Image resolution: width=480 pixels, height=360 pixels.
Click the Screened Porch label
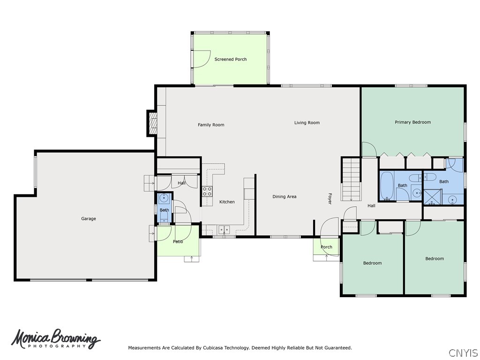[230, 60]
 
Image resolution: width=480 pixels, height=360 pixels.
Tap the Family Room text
[211, 125]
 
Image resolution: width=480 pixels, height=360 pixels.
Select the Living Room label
[307, 123]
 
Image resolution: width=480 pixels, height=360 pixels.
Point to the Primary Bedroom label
[412, 122]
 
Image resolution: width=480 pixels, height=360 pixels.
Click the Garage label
[89, 219]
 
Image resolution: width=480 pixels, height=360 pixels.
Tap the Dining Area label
[284, 197]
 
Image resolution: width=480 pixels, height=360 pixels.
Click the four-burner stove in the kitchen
[207, 191]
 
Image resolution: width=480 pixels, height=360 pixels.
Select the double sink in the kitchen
[224, 229]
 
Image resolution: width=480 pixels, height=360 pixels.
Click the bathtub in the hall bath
[387, 186]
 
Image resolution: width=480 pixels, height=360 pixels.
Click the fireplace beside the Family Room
[152, 123]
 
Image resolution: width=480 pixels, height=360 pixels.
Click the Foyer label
[330, 199]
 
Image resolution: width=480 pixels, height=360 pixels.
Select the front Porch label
[326, 247]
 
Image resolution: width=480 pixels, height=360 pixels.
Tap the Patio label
[178, 242]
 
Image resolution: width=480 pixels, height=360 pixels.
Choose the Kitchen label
[227, 202]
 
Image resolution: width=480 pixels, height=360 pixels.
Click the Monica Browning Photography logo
[56, 339]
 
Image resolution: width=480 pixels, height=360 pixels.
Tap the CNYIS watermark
[463, 352]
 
